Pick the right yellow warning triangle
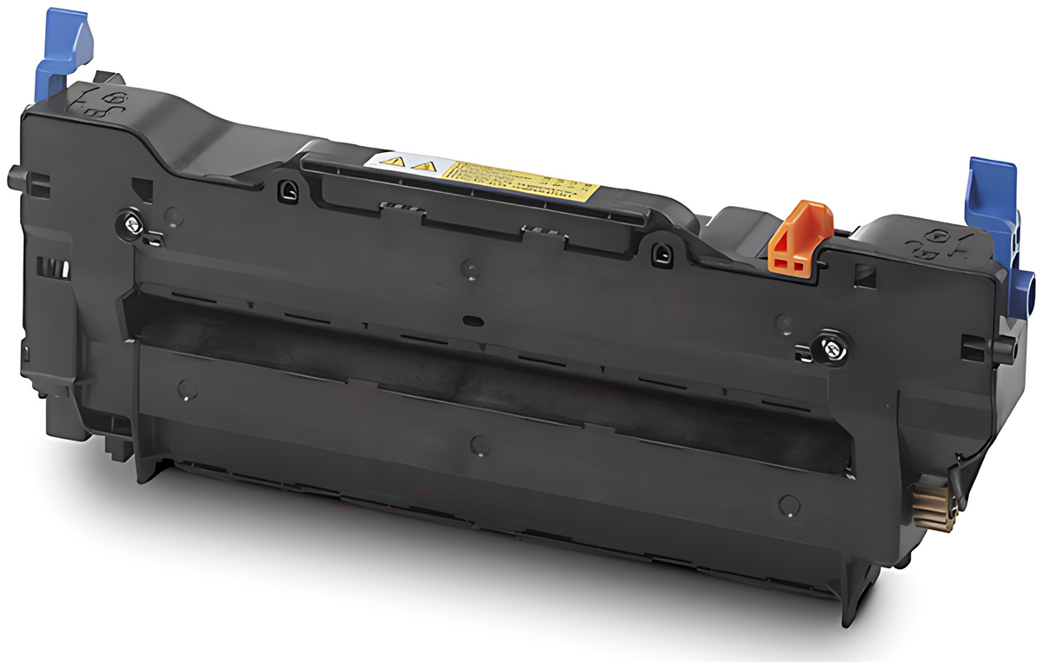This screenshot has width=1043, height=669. click(423, 165)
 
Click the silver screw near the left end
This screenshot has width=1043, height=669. click(131, 224)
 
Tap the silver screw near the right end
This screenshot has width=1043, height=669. click(830, 349)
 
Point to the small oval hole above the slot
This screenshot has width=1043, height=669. click(475, 321)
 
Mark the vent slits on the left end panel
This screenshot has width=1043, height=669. click(55, 267)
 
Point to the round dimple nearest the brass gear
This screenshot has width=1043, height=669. click(788, 503)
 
